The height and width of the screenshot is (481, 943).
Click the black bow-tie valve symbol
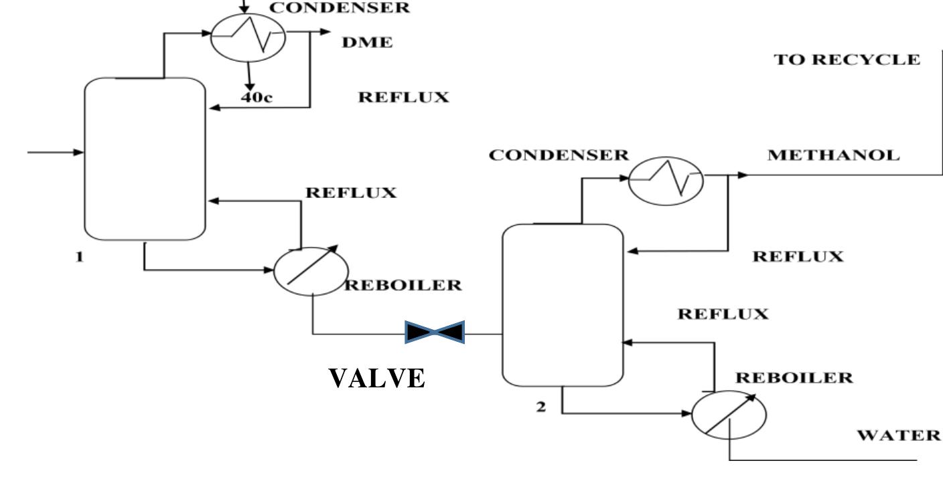435,332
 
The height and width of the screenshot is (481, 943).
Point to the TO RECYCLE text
847,59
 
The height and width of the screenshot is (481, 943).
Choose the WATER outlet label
899,436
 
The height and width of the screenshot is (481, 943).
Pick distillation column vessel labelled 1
144,159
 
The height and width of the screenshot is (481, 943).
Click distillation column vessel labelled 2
562,305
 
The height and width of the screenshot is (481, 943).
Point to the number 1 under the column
80,256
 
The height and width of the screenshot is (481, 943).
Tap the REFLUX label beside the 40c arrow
403,98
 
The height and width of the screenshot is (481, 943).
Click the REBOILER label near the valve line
403,285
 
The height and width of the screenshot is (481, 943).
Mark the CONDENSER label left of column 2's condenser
559,155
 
